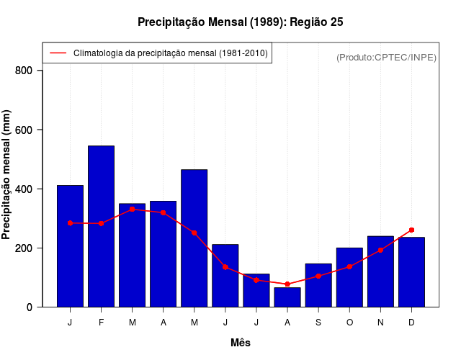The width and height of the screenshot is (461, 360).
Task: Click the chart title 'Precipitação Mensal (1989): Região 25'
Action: [240, 22]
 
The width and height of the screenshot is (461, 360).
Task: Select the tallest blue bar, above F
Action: [101, 227]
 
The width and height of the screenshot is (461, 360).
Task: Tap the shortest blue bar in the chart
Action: [287, 297]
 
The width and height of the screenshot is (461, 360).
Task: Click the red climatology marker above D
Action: [411, 230]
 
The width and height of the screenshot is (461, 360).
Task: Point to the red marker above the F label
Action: [101, 223]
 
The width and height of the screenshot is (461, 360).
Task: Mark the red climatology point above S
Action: [318, 276]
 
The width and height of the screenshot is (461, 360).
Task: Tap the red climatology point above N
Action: [380, 250]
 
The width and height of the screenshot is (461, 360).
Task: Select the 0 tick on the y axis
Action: [30, 307]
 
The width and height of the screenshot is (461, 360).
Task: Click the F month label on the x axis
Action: [101, 323]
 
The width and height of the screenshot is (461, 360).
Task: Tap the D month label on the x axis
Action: [411, 323]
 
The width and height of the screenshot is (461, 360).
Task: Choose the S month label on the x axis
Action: [318, 323]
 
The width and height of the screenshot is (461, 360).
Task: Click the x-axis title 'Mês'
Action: [241, 343]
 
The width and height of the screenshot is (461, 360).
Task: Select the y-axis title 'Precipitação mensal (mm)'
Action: [7, 174]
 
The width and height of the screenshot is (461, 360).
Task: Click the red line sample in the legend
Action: [58, 53]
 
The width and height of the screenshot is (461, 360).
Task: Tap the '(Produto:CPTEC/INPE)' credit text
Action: [386, 57]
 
